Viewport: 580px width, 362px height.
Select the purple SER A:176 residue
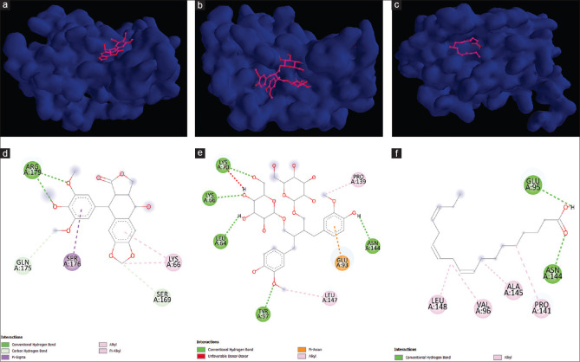click(x=75, y=260)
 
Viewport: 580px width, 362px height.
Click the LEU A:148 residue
click(x=443, y=303)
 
